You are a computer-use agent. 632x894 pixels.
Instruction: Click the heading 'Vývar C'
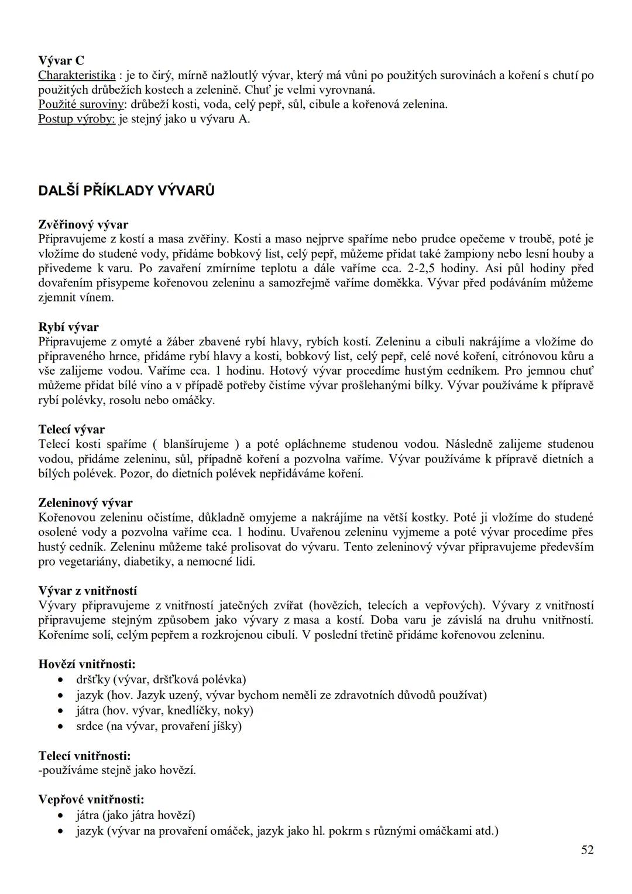61,60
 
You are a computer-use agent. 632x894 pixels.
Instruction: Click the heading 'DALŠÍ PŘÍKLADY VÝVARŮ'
126,191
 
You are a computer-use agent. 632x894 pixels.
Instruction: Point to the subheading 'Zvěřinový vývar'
83,224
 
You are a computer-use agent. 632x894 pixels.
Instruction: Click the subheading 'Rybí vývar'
68,327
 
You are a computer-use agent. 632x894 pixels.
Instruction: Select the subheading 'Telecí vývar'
71,429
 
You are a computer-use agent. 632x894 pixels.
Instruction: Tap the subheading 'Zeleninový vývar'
85,502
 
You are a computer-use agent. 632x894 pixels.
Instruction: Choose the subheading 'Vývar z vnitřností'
88,590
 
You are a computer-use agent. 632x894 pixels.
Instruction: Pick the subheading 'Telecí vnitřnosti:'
85,756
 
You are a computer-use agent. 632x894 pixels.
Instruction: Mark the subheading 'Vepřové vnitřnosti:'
91,799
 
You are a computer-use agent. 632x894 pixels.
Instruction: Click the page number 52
588,850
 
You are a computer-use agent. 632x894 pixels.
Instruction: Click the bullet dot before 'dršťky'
61,680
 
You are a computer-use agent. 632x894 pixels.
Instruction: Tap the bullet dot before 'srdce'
61,727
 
